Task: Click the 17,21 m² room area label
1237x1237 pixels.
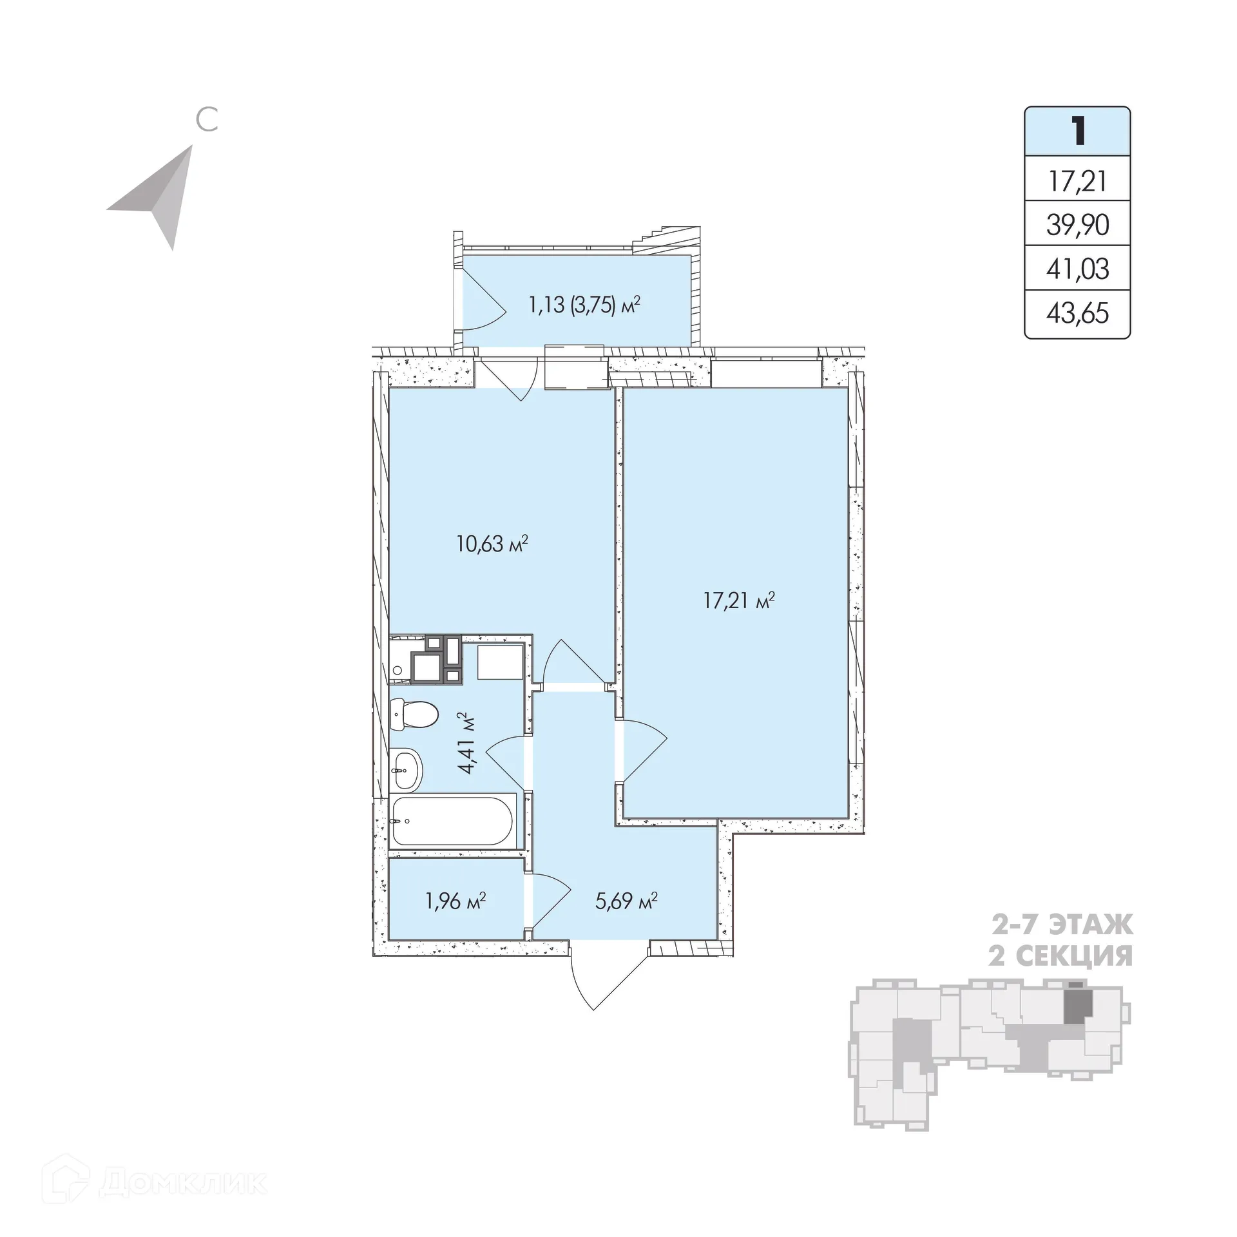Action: [738, 602]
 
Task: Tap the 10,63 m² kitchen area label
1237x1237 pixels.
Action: [492, 544]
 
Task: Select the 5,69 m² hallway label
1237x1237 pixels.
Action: [626, 901]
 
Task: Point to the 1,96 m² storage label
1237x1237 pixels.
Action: [455, 901]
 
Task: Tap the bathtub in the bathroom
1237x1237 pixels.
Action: [452, 821]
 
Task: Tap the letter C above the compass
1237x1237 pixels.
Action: [207, 120]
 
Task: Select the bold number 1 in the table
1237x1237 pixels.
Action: [1077, 131]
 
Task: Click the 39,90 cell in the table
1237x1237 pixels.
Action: [1077, 225]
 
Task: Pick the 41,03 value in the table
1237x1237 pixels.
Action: [1077, 269]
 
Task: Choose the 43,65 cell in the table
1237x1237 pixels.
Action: [1077, 314]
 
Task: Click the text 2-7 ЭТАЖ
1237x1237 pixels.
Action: [1061, 925]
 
